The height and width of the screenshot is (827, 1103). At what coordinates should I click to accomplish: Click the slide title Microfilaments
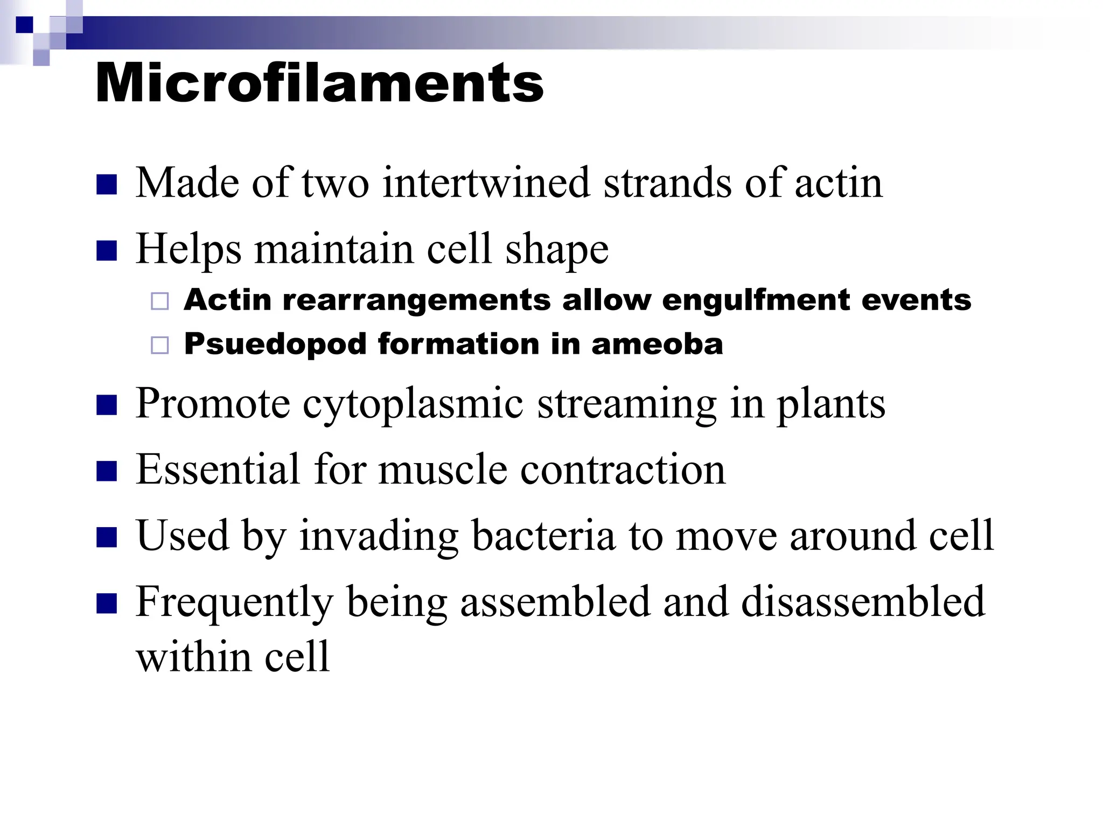pos(319,83)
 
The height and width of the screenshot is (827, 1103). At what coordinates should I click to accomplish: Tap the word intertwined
pos(486,183)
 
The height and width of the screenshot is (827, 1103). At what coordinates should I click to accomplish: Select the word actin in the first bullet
pos(838,183)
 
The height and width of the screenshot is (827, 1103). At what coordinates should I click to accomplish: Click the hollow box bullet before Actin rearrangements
pos(160,301)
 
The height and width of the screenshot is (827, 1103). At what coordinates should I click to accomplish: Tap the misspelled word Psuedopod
pos(275,344)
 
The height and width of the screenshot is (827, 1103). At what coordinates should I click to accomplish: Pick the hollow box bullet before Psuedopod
pos(160,345)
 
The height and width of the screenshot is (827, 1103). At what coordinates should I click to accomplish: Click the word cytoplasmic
pos(413,404)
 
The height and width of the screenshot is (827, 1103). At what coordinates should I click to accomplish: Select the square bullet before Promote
pos(107,405)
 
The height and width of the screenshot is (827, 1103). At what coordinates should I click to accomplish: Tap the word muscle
pos(443,469)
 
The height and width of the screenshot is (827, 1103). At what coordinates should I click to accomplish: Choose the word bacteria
pos(543,536)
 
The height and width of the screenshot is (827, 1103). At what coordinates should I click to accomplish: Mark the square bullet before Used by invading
pos(107,537)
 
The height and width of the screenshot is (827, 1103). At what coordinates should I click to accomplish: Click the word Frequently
pos(234,602)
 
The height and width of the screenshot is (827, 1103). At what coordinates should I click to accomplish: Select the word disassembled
pos(863,602)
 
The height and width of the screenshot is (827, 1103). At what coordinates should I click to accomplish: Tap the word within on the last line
pos(193,657)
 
